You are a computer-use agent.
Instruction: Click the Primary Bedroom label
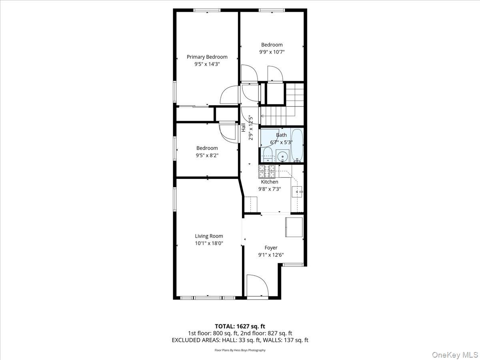click(207, 57)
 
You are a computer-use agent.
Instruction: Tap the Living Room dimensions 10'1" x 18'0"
click(209, 243)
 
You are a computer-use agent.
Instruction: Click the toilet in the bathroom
click(267, 154)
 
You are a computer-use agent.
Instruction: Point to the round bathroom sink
click(283, 155)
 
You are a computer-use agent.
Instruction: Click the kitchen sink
click(297, 192)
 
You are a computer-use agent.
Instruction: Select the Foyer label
click(271, 248)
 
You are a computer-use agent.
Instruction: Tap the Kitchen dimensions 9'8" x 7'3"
click(269, 189)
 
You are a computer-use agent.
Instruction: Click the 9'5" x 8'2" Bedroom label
click(207, 148)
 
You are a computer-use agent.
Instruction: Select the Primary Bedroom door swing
click(229, 96)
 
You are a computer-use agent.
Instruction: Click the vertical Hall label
click(243, 128)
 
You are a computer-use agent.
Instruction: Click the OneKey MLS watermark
click(459, 354)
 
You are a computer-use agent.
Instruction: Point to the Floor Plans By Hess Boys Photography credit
click(240, 350)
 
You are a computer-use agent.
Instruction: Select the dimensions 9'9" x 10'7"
click(272, 52)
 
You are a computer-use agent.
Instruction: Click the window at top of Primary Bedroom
click(207, 10)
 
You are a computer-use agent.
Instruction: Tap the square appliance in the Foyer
click(294, 227)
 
